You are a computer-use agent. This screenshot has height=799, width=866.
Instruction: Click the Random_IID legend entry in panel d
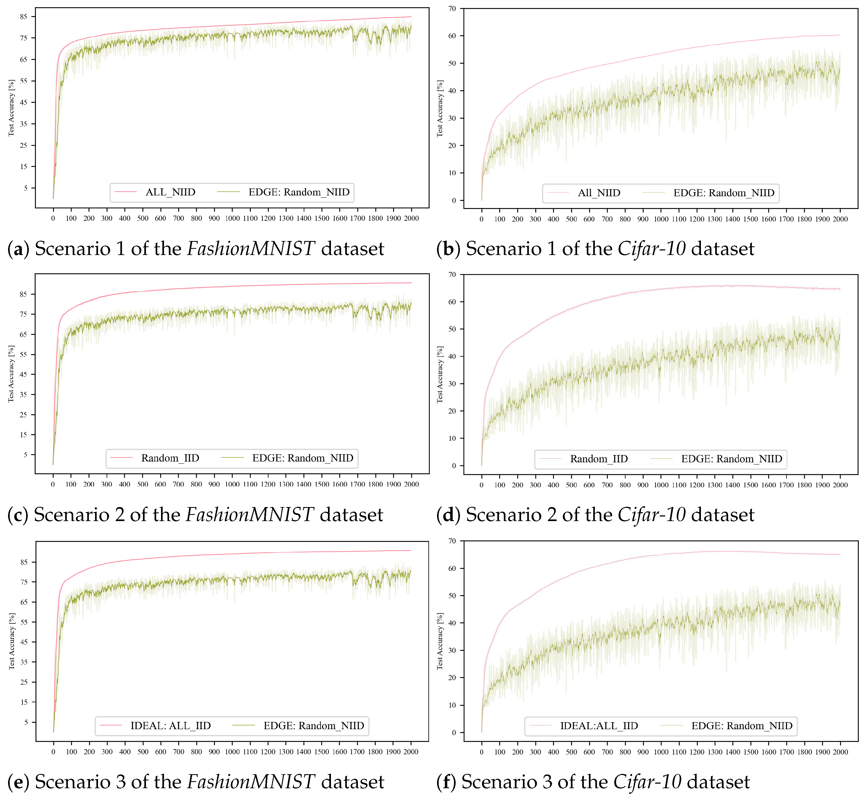(x=599, y=459)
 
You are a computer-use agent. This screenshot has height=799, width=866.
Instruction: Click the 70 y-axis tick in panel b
(x=452, y=9)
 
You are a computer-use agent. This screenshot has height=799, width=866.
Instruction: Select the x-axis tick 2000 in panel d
(x=840, y=485)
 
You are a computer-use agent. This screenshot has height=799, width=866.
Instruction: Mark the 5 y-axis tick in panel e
(x=26, y=722)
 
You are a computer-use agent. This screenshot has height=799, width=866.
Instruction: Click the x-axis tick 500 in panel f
(x=571, y=752)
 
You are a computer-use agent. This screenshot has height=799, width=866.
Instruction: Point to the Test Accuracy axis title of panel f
(x=440, y=641)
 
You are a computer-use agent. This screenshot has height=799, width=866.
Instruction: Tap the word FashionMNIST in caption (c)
(x=249, y=515)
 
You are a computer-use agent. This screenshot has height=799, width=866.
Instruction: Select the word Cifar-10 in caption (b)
(x=651, y=249)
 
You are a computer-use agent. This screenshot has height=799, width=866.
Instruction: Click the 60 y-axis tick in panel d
(x=452, y=302)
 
